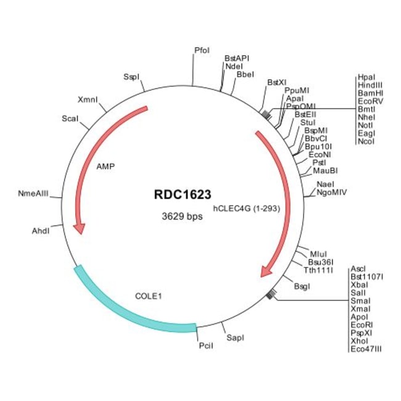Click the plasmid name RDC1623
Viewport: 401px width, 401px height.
pyautogui.click(x=177, y=194)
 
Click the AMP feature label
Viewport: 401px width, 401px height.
pyautogui.click(x=106, y=166)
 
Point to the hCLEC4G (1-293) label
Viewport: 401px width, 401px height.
pyautogui.click(x=247, y=209)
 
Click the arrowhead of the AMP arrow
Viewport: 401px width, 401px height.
pyautogui.click(x=78, y=228)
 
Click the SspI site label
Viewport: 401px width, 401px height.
pyautogui.click(x=131, y=77)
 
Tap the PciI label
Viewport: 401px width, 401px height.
pyautogui.click(x=206, y=345)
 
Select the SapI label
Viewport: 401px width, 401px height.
pyautogui.click(x=235, y=338)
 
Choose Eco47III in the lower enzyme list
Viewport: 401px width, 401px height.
pyautogui.click(x=366, y=349)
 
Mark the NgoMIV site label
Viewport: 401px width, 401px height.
pyautogui.click(x=331, y=192)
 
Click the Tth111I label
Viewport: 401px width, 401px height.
pyautogui.click(x=318, y=270)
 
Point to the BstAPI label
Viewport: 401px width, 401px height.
pyautogui.click(x=237, y=58)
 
